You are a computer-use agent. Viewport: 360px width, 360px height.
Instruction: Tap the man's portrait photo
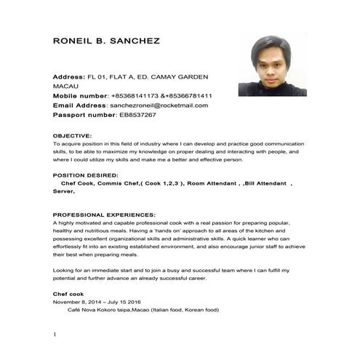tap(271, 65)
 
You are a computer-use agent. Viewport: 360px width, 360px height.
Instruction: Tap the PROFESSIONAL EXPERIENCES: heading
tap(105, 215)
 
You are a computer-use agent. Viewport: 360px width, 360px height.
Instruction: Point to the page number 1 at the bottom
tap(55, 335)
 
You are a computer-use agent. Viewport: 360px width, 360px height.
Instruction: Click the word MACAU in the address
tap(66, 86)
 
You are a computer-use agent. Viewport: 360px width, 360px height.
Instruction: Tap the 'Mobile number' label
tap(79, 95)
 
